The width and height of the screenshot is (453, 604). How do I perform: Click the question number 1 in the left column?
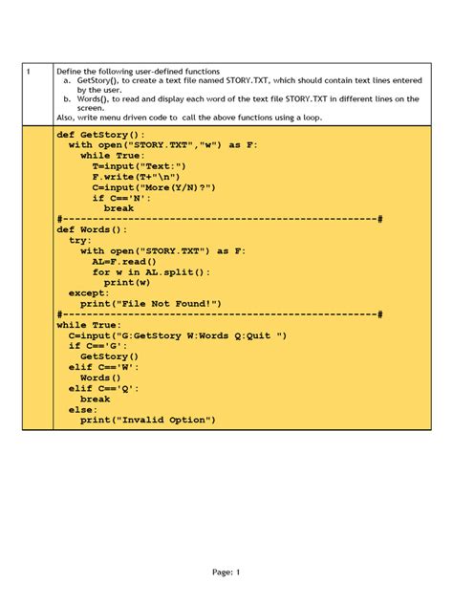[29, 72]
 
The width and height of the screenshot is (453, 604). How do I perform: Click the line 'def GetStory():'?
[101, 136]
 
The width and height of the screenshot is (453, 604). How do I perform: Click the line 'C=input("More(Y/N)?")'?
[154, 187]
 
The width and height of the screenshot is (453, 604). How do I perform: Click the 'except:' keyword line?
[89, 293]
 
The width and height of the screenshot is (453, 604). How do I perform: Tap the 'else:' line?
[83, 409]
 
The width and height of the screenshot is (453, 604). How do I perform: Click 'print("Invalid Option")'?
[148, 420]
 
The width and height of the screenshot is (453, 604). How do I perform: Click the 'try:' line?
[80, 240]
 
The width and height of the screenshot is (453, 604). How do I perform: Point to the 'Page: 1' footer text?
[226, 572]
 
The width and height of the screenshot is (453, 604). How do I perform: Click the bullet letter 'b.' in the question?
[68, 98]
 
